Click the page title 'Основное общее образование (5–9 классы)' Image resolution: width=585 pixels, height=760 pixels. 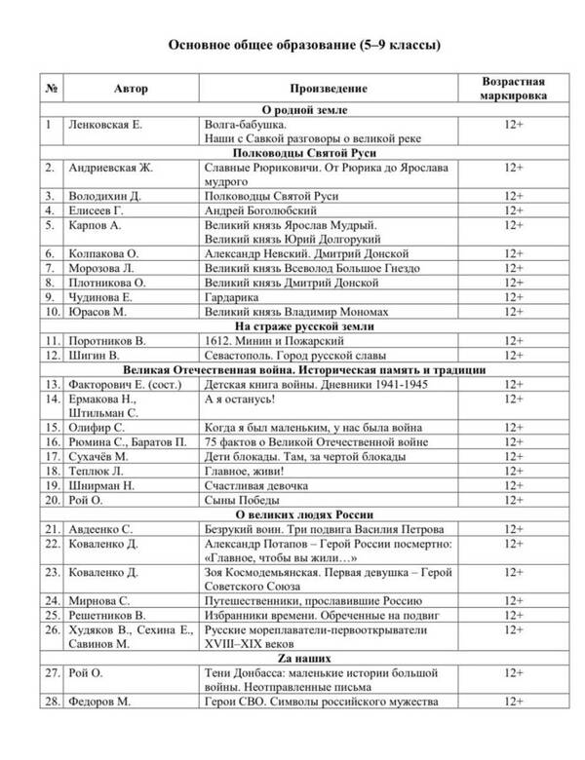pyautogui.click(x=292, y=44)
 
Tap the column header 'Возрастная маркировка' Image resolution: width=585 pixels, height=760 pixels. pyautogui.click(x=513, y=89)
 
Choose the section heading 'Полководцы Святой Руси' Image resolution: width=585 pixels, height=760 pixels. pyautogui.click(x=303, y=153)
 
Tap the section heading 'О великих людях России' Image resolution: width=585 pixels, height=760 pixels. pyautogui.click(x=303, y=514)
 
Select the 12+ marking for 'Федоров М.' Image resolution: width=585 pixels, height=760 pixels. pyautogui.click(x=513, y=702)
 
